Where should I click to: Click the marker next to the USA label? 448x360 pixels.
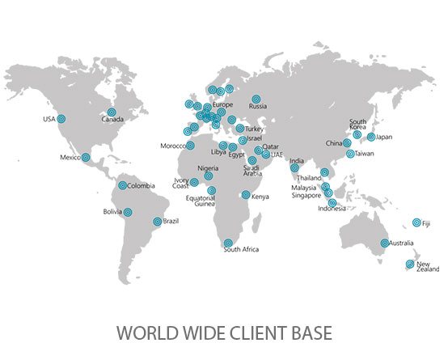61,119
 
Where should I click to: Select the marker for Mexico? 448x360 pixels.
87,157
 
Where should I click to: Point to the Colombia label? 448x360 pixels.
141,185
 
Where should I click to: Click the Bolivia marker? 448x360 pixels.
127,213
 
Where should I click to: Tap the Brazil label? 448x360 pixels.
171,222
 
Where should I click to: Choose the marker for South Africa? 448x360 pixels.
227,244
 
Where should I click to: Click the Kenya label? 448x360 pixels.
260,195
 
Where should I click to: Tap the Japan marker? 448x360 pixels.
371,137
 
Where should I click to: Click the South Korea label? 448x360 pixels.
357,125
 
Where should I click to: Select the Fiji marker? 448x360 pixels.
416,222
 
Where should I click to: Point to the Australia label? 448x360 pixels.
402,244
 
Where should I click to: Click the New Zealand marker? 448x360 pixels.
410,265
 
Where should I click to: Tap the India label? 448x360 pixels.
298,160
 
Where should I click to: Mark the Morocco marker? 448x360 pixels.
190,146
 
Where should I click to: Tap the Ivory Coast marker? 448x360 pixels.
194,182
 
